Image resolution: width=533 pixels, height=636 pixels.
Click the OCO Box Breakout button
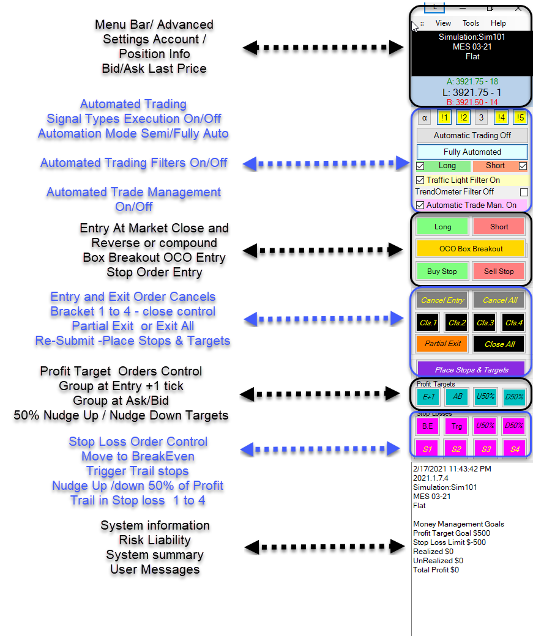coord(471,249)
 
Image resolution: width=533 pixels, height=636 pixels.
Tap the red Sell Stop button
coord(499,271)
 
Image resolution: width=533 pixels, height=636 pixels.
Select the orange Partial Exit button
coord(442,344)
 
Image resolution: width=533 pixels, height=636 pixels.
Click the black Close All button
coord(499,344)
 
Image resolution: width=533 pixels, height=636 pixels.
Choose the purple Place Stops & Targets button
coord(471,369)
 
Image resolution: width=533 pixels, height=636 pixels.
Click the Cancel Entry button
coord(442,300)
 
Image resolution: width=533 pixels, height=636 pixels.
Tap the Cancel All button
coord(499,300)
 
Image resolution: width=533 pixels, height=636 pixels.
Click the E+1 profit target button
coord(428,396)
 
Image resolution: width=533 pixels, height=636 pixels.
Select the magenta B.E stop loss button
coord(428,426)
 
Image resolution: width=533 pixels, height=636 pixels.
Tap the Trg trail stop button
coord(457,426)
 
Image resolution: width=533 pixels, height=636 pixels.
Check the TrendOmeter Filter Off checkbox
coord(523,192)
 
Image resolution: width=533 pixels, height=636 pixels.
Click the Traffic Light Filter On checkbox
coord(420,180)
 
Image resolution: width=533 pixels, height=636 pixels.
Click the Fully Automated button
coord(471,152)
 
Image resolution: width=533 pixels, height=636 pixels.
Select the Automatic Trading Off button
coord(471,135)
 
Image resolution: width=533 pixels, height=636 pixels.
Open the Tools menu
coord(471,23)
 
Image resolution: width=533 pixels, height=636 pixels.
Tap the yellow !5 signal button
coord(520,119)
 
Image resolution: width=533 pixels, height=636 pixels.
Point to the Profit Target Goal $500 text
coord(451,533)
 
